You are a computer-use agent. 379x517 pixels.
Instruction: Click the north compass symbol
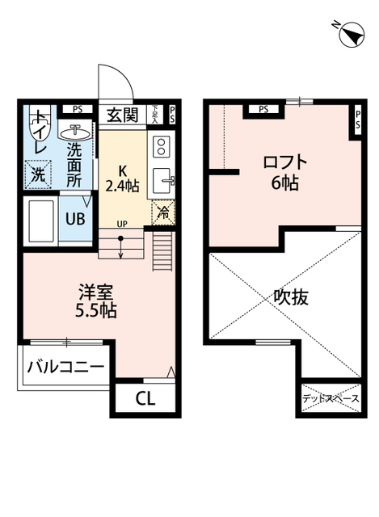coord(350,35)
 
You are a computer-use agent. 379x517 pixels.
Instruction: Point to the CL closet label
coord(145,397)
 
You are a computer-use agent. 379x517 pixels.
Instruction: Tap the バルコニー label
coord(65,368)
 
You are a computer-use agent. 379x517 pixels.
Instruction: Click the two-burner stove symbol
coord(160,147)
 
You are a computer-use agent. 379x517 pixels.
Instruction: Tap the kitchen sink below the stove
coord(162,180)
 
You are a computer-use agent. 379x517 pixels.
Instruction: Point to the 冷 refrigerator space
coord(162,213)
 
